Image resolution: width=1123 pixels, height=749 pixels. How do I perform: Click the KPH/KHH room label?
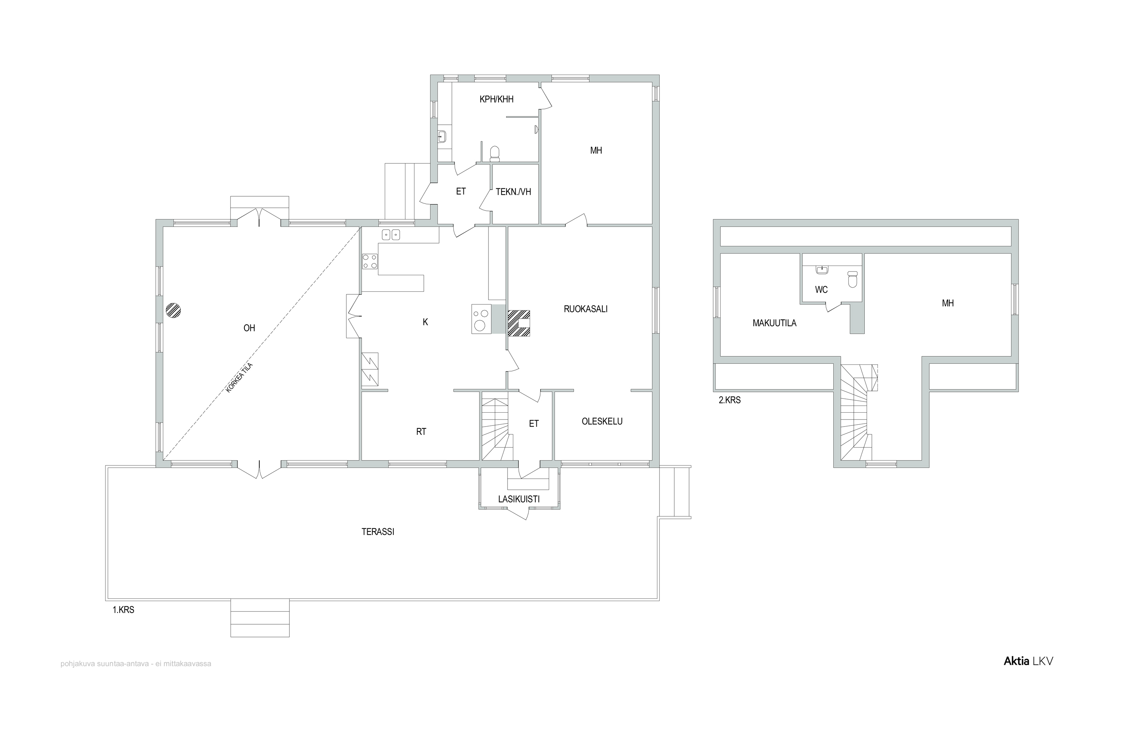click(497, 99)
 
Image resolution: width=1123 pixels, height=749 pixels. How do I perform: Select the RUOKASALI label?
click(585, 309)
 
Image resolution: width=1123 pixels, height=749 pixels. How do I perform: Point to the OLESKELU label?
click(602, 421)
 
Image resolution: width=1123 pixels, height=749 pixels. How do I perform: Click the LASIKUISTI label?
click(518, 499)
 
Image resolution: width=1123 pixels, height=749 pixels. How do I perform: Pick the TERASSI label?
click(378, 532)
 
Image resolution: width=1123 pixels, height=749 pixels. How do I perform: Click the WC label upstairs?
click(821, 289)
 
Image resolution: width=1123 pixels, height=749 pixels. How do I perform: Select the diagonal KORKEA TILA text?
click(239, 378)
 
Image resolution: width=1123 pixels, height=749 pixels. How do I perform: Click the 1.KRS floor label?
click(123, 610)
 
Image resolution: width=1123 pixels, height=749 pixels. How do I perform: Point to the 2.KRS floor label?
click(730, 400)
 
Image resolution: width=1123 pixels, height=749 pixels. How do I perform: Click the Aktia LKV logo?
click(1028, 661)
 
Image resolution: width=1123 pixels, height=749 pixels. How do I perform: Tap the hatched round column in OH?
click(173, 310)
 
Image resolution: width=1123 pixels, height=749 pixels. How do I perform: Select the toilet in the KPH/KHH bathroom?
click(494, 153)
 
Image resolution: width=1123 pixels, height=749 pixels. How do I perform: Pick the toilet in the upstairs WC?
click(853, 279)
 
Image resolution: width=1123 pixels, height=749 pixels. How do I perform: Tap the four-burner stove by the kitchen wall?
click(369, 261)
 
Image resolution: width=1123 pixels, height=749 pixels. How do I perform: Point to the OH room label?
click(249, 328)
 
